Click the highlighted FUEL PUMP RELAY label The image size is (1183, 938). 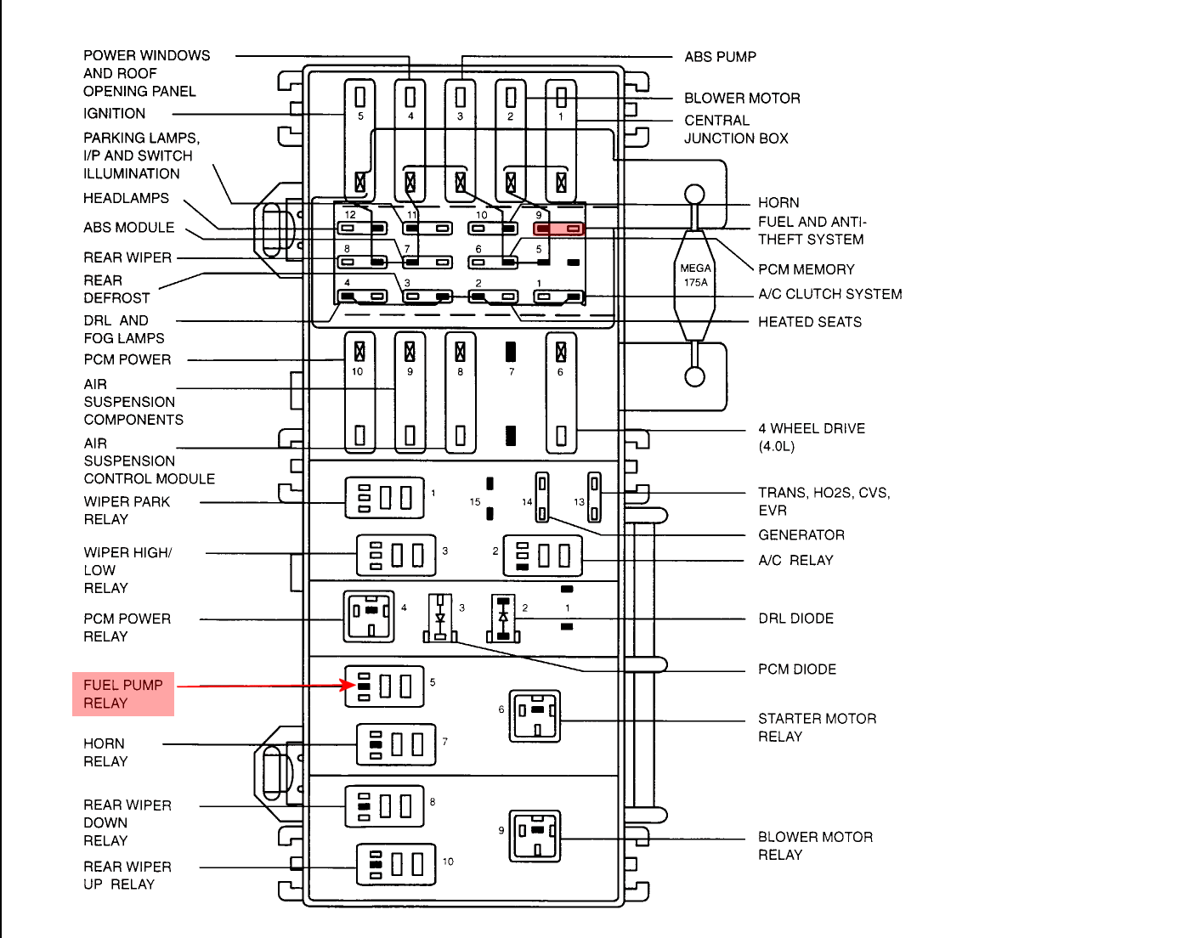[x=123, y=694]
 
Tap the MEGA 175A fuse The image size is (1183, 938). [x=695, y=275]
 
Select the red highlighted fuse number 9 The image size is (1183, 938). [x=558, y=229]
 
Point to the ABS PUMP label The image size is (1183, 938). [x=720, y=57]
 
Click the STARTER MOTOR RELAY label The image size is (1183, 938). [x=817, y=727]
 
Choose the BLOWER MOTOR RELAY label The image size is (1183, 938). [x=815, y=845]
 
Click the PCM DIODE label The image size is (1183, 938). [x=797, y=670]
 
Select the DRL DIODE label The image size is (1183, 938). [x=795, y=619]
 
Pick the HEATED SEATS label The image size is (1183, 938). [x=810, y=322]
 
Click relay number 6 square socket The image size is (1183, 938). [x=535, y=716]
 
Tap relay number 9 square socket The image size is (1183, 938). [x=535, y=836]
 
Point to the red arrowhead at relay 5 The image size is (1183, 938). [x=348, y=685]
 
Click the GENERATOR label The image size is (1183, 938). [x=801, y=535]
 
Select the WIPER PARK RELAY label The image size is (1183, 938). [x=127, y=511]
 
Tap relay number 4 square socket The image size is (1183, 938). [x=369, y=616]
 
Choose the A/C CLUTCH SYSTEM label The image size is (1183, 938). [x=829, y=294]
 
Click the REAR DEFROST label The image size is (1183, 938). [x=116, y=289]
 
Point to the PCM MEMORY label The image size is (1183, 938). [x=806, y=269]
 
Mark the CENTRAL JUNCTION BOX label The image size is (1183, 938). [x=736, y=129]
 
